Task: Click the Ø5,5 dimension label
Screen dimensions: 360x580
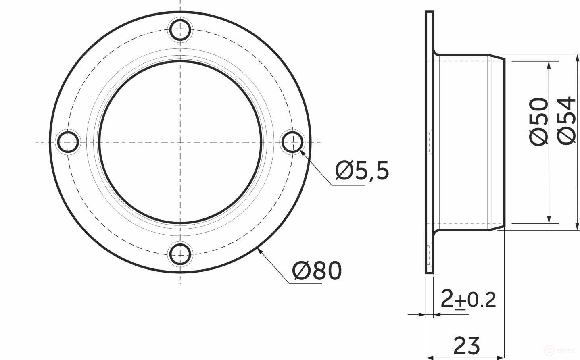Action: pyautogui.click(x=362, y=171)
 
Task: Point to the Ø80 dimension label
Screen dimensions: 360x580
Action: pyautogui.click(x=317, y=271)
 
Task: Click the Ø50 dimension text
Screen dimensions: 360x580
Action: pyautogui.click(x=539, y=121)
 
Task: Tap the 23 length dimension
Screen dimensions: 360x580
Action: pyautogui.click(x=467, y=345)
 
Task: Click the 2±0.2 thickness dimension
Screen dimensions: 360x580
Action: pyautogui.click(x=468, y=299)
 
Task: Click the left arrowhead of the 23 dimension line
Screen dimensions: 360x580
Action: pyautogui.click(x=430, y=357)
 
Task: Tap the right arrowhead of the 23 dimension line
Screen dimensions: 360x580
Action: pyautogui.click(x=501, y=357)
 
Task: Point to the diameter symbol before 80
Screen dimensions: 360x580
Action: pyautogui.click(x=302, y=271)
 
